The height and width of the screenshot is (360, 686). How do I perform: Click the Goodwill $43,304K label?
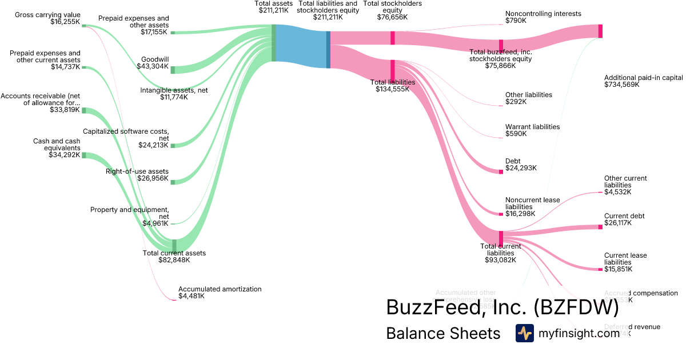pos(153,62)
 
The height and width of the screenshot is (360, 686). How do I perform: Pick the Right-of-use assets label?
pos(137,175)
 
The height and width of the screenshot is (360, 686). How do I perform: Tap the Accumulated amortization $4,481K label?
pos(220,293)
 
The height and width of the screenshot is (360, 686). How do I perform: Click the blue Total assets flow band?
pos(301,46)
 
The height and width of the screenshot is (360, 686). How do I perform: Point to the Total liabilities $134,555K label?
pos(393,85)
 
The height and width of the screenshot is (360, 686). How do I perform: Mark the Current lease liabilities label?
pos(625,262)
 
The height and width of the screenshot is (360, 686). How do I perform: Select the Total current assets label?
pos(174,256)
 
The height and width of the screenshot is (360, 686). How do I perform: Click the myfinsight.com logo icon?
pos(524,333)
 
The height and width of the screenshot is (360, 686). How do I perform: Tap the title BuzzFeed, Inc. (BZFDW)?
pos(502,307)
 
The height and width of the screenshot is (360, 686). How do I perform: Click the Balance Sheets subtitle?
pos(443,333)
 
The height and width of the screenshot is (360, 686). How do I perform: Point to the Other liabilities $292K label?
pos(528,98)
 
